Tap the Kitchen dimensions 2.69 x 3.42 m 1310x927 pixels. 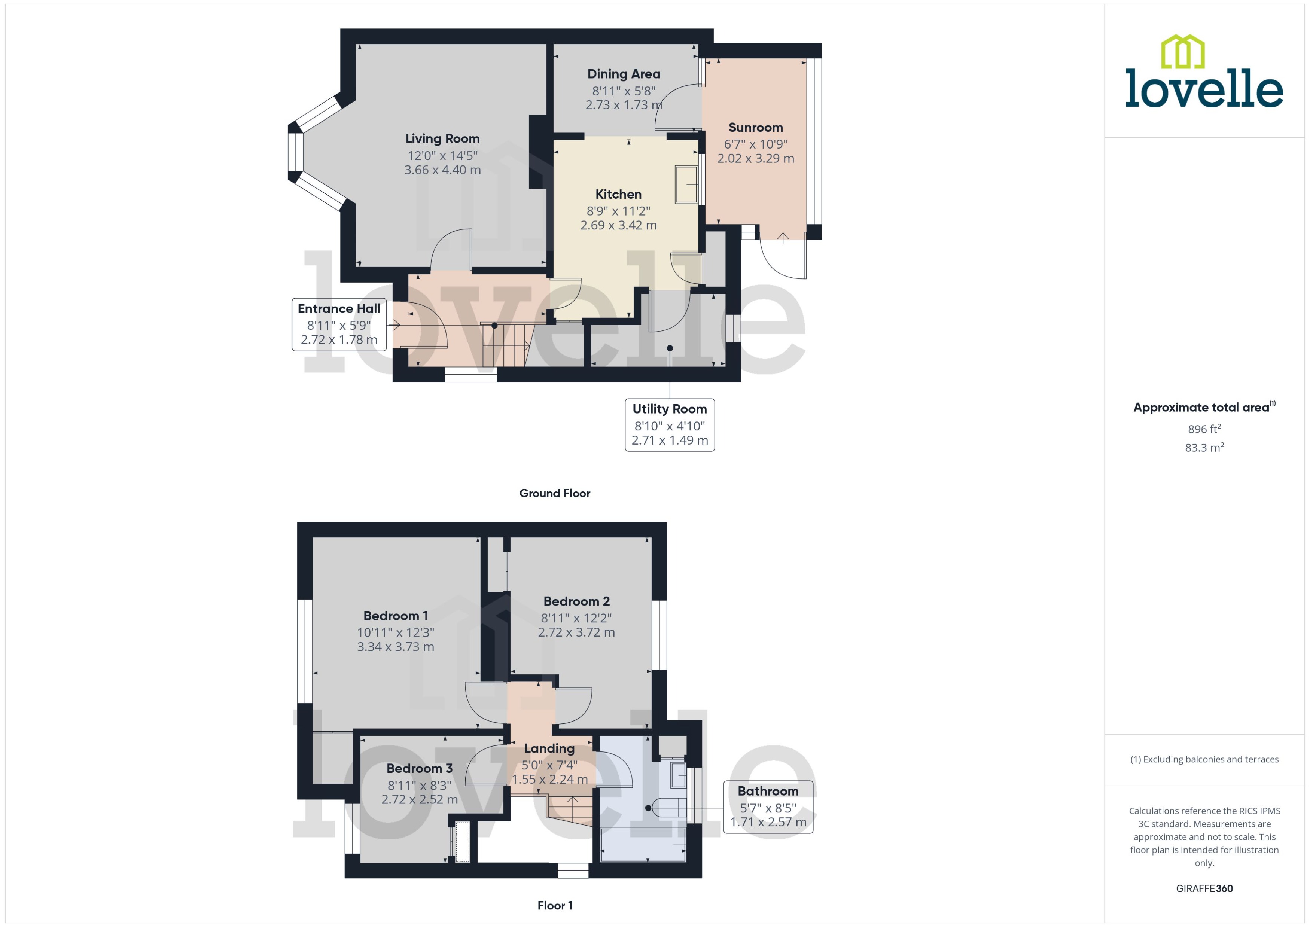point(618,225)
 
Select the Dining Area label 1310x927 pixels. point(623,74)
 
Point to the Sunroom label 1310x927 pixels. point(755,128)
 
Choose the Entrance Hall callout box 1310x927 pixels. point(339,324)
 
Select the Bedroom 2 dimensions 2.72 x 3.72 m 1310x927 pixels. point(576,632)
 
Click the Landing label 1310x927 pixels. point(549,748)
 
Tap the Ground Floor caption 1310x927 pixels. point(554,493)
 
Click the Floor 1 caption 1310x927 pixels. point(554,905)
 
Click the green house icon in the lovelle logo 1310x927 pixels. point(1182,52)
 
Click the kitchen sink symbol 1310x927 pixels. point(686,185)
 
